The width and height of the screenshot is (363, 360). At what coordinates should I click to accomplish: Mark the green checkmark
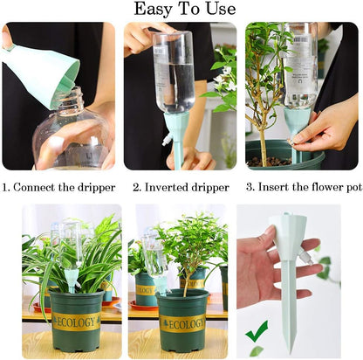[x=257, y=331]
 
